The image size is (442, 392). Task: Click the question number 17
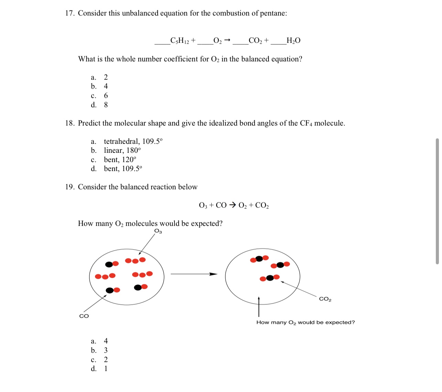(x=70, y=13)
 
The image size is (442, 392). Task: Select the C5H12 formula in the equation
(x=180, y=41)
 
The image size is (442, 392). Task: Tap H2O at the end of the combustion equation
(x=293, y=41)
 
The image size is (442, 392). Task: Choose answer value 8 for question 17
(x=106, y=105)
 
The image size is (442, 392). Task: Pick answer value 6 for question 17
(x=106, y=96)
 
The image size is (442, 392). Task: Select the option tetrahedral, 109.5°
(x=133, y=141)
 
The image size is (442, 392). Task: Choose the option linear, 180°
(x=122, y=150)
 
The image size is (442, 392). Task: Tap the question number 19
(x=70, y=187)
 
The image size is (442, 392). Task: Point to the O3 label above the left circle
(x=158, y=231)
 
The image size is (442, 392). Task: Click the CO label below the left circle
(x=84, y=316)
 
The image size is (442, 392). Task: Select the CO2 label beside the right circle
(x=325, y=299)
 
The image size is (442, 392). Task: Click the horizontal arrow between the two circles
(x=194, y=274)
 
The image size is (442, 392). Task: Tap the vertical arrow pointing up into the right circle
(x=259, y=306)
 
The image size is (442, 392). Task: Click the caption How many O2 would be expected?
(x=305, y=322)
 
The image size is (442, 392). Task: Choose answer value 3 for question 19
(x=106, y=350)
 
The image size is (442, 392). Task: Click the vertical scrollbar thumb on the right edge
(x=437, y=201)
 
